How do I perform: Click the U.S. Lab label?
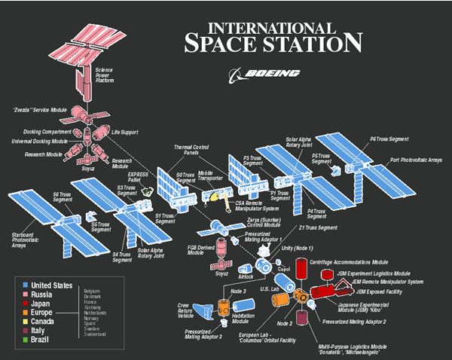tap(269, 289)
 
